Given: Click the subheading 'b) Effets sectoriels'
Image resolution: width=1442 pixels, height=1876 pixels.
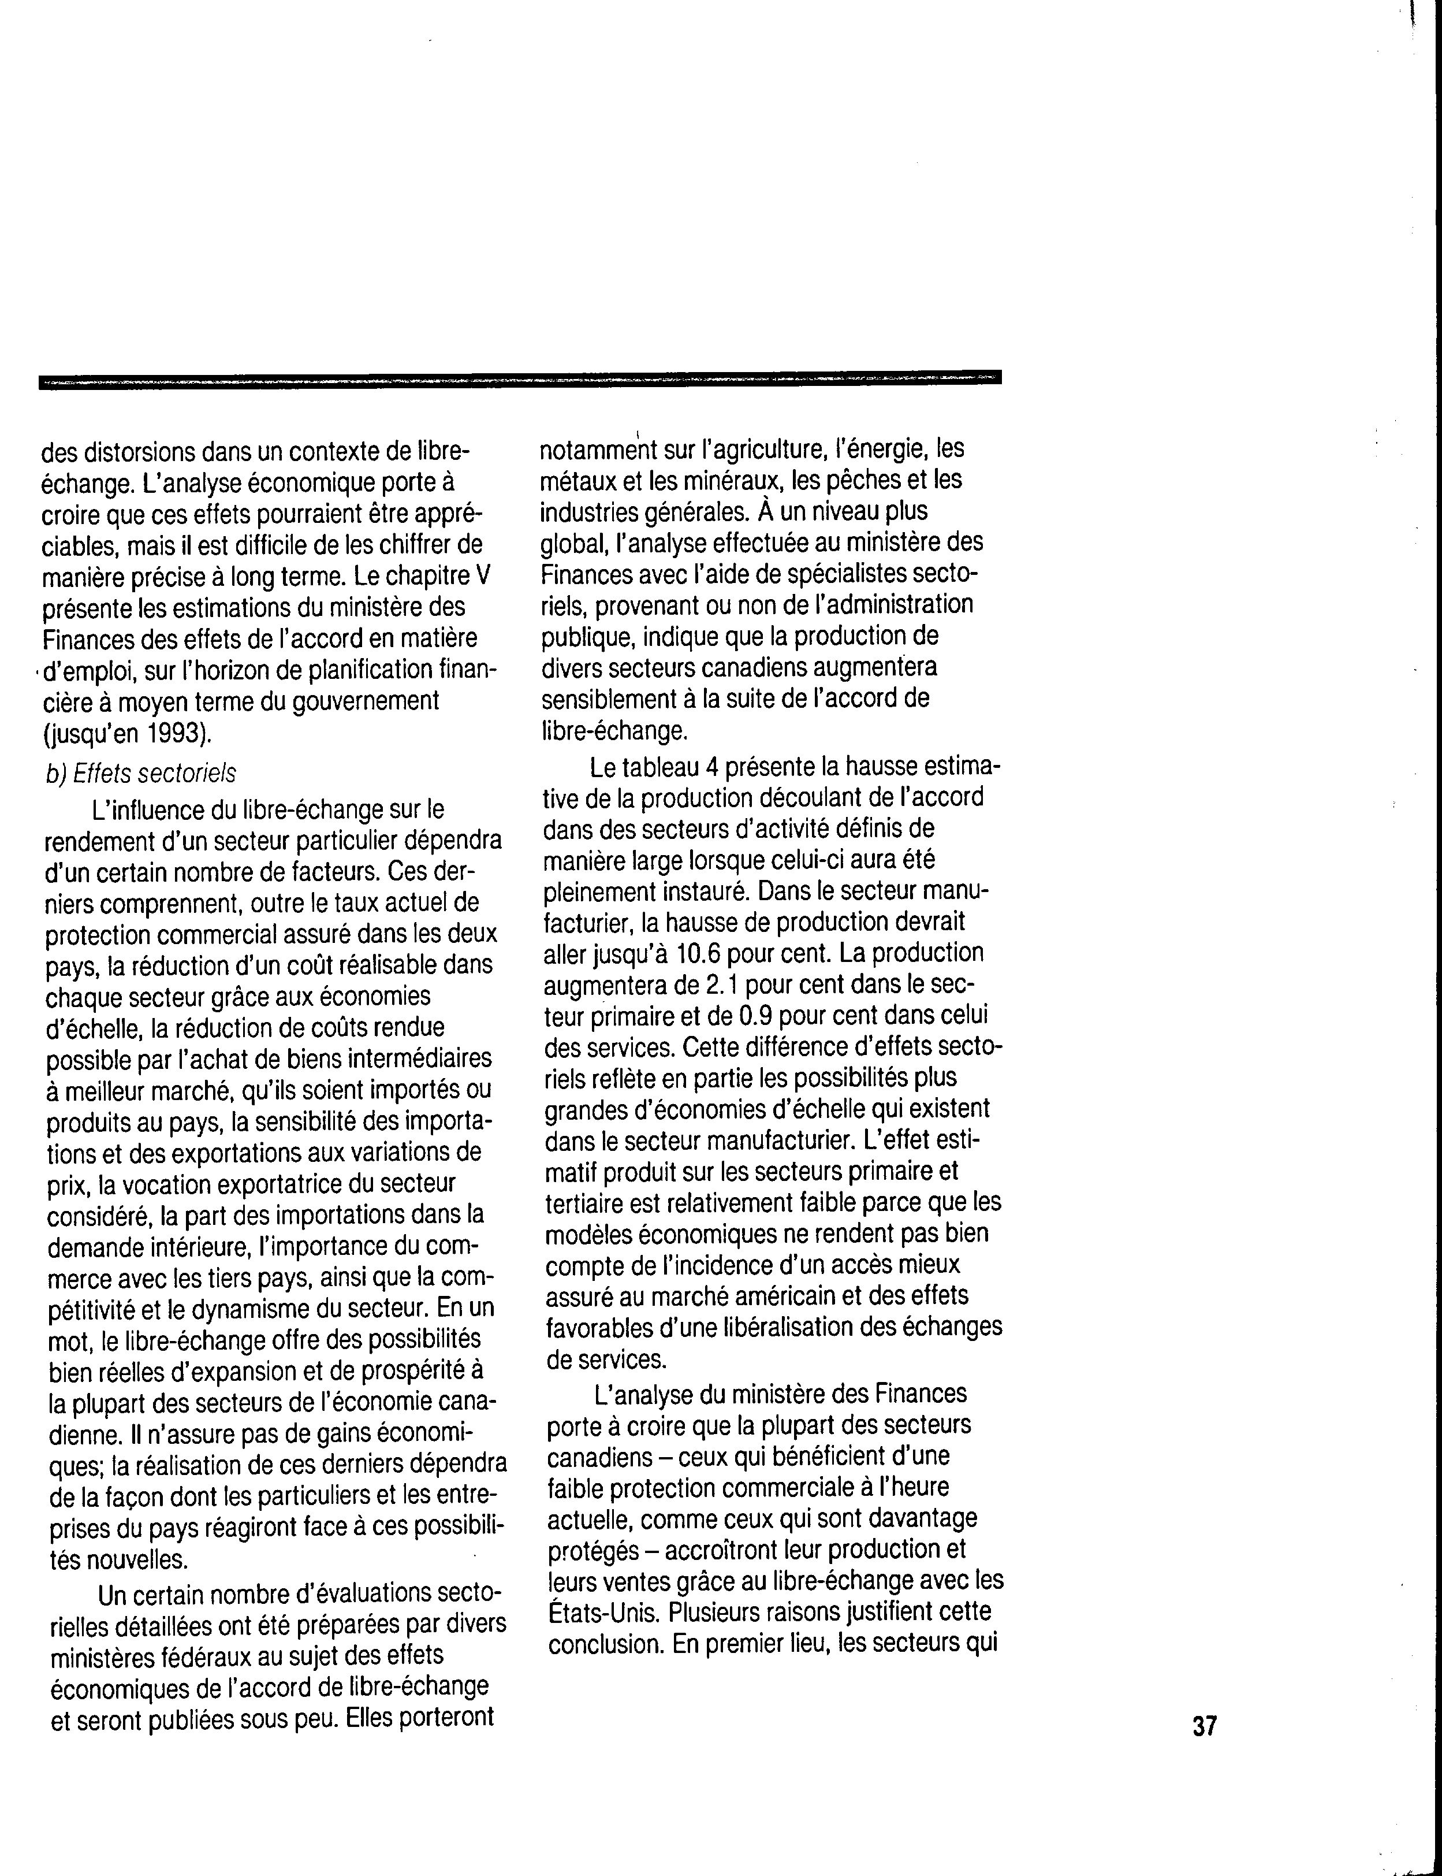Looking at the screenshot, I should tap(141, 772).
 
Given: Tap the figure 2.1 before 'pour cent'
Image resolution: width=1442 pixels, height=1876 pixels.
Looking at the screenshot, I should tap(722, 984).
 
